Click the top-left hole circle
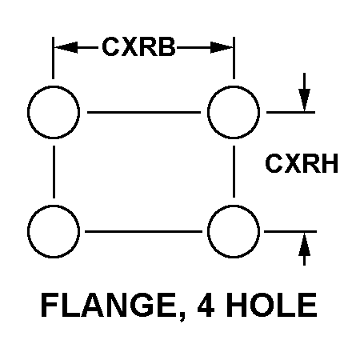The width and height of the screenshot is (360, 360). pos(28,112)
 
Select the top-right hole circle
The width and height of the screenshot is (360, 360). pos(208,112)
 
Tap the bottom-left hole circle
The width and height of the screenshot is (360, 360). pos(28,231)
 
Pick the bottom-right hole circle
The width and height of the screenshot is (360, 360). pos(208,231)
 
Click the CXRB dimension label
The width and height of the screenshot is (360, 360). pos(138,47)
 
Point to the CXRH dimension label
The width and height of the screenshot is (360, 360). pos(302,163)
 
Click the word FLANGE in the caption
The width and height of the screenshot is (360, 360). pos(108,305)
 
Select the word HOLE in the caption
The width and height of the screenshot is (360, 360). pos(271,305)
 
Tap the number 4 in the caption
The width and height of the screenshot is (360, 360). pos(206,305)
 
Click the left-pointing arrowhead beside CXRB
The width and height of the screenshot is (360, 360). pos(66,48)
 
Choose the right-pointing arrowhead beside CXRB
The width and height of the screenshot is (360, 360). pos(222,48)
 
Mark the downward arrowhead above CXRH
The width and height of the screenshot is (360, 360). pos(304,100)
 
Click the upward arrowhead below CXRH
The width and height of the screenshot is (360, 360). pos(304,244)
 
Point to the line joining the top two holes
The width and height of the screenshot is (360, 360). pos(144,112)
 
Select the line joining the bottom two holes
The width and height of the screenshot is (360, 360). pos(143,231)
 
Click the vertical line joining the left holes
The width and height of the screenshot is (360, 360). pos(54,172)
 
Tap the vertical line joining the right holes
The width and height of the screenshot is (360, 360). pos(234,171)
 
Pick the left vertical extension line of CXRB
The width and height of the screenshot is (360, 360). pos(53,58)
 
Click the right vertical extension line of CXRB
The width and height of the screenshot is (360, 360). pos(234,58)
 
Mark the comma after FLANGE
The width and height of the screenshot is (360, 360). pos(182,316)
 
